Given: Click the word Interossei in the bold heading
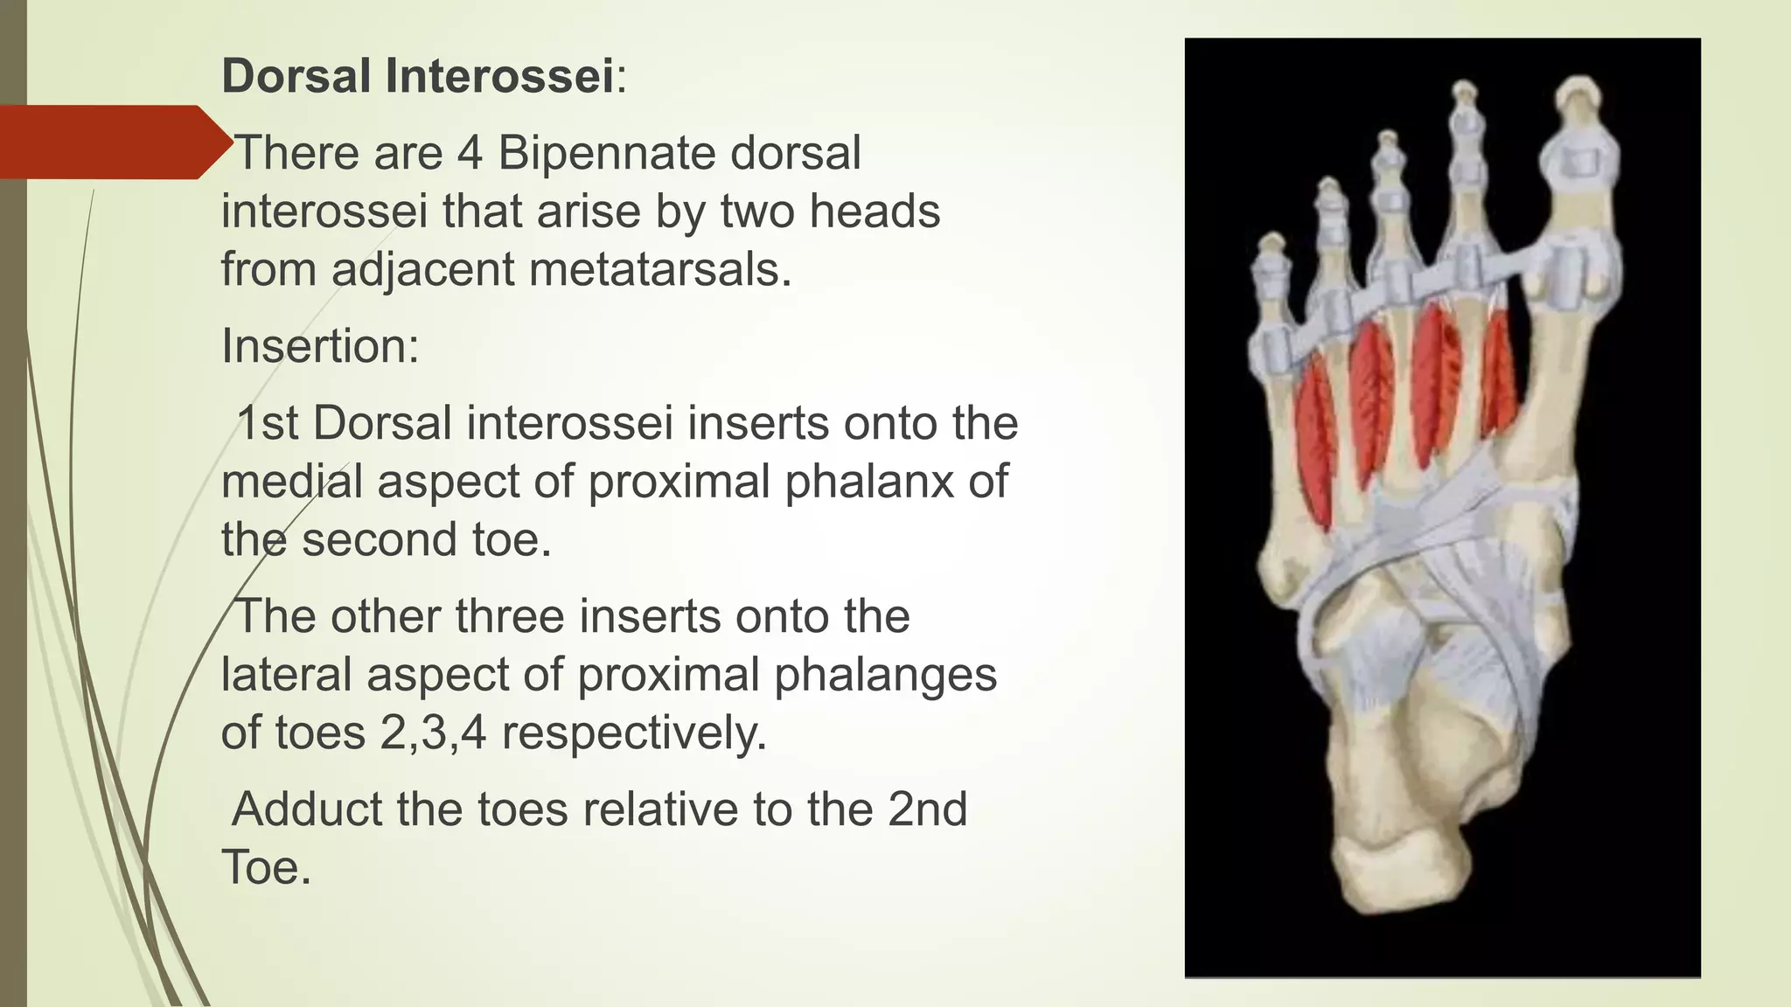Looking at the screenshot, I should (499, 75).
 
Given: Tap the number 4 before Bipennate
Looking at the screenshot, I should (470, 153).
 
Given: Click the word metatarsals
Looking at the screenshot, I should (659, 268).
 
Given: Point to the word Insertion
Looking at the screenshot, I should (320, 346).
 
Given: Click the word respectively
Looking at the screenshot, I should (634, 733).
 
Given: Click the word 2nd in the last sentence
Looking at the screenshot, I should (927, 809).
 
